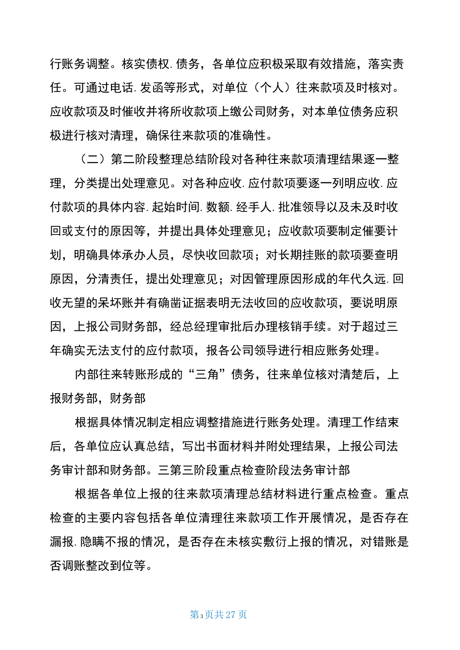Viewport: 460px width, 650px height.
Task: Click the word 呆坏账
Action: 116,303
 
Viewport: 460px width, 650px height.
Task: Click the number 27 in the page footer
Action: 230,615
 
